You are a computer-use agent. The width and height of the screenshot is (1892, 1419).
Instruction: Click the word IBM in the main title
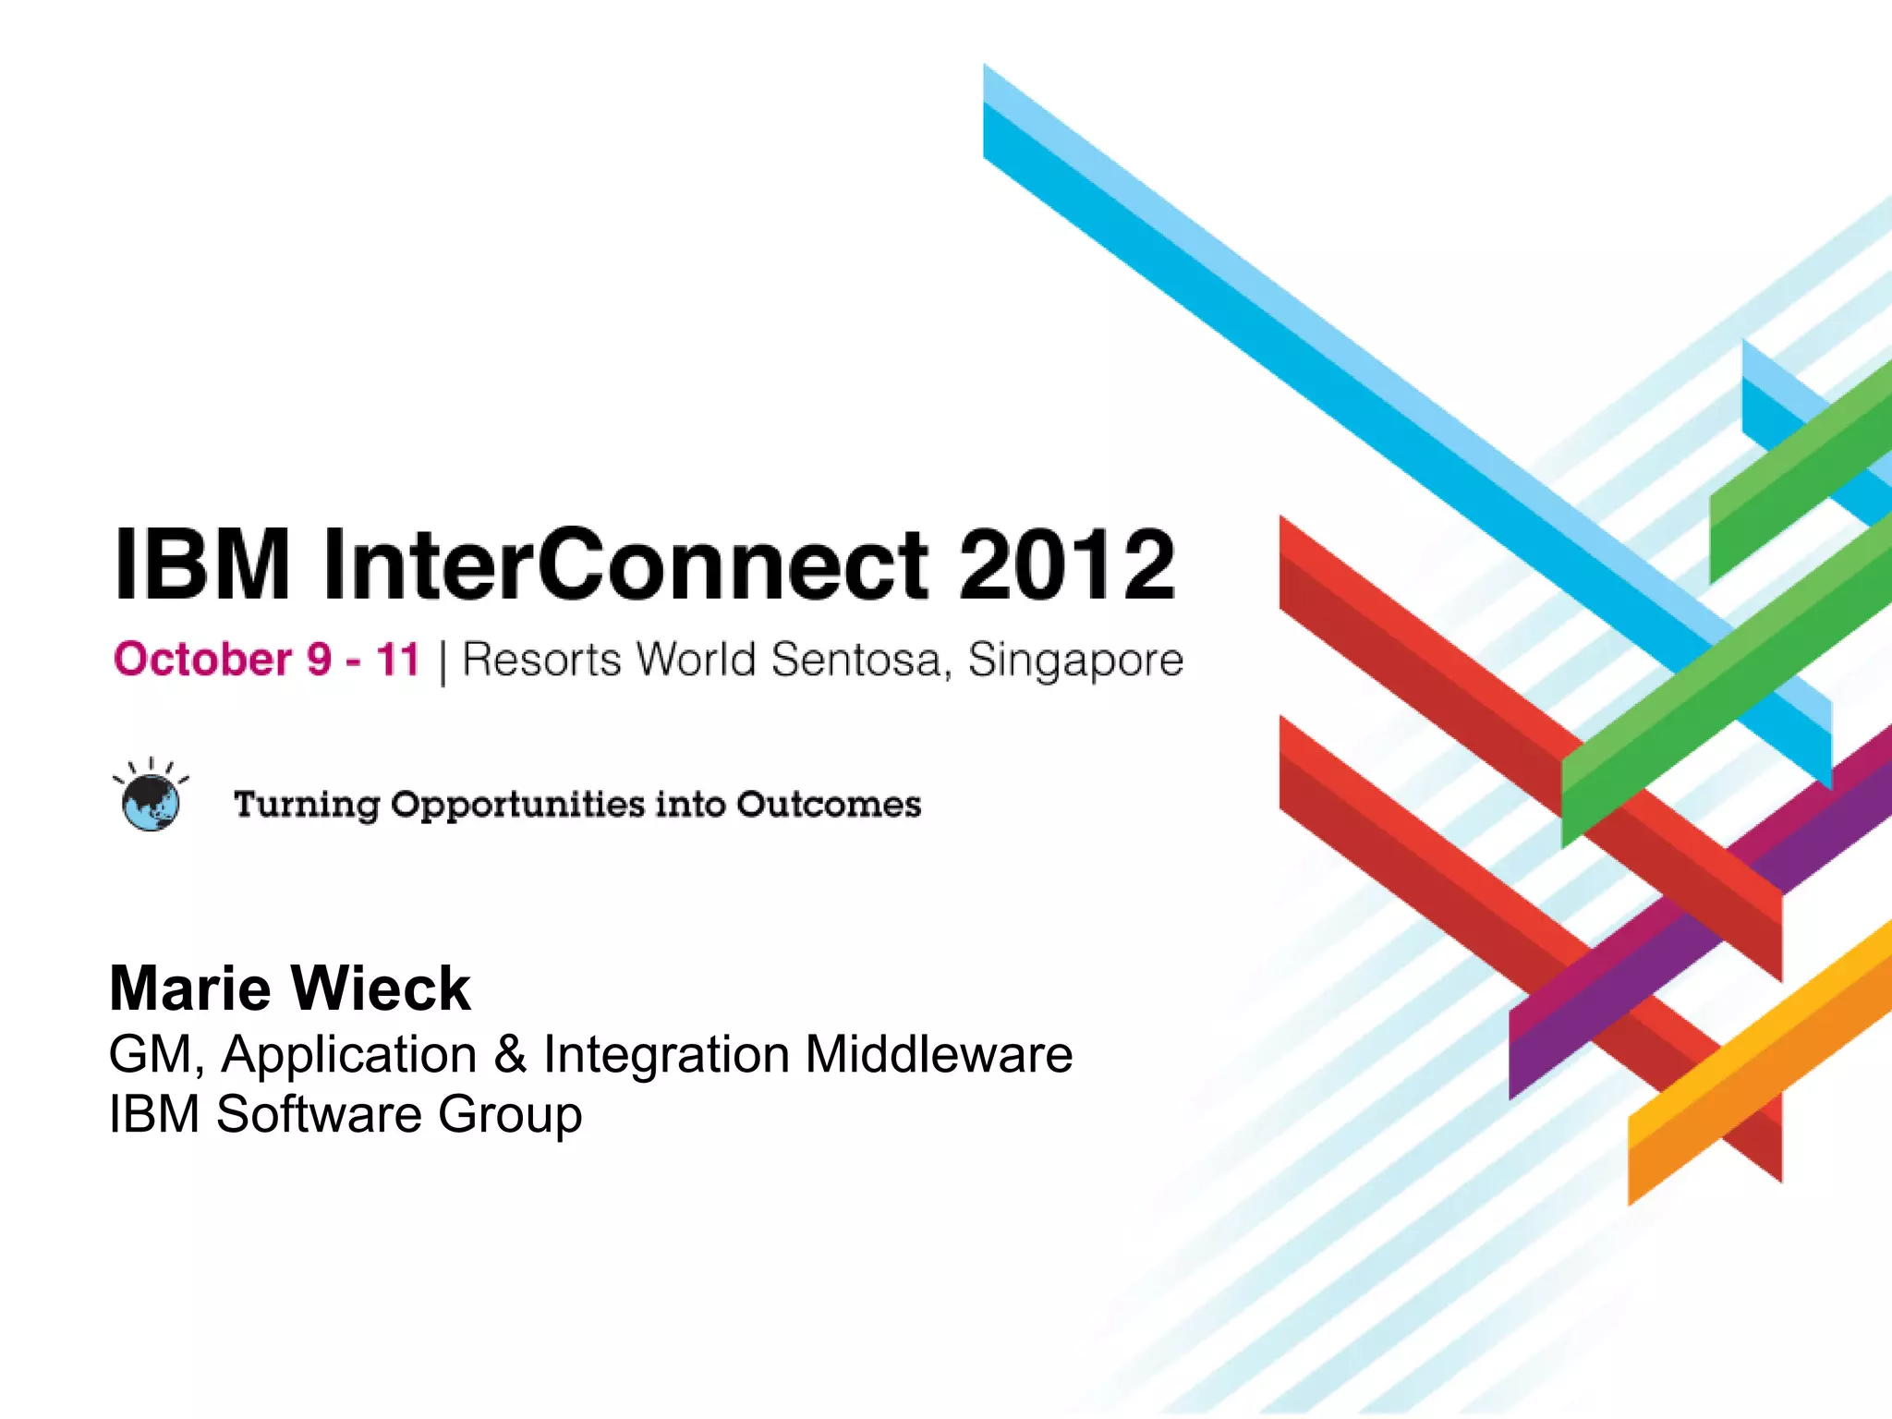tap(201, 564)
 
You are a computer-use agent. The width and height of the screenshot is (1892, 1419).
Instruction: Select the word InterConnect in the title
tap(625, 564)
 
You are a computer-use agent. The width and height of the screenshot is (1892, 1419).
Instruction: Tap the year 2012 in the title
tap(1066, 564)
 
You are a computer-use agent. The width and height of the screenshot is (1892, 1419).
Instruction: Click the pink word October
tap(203, 660)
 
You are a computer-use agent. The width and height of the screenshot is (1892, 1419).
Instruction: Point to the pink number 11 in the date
tap(398, 660)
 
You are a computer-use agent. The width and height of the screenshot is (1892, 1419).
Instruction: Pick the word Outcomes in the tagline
tap(829, 804)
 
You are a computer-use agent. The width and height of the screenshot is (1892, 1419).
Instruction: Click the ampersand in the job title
tap(510, 1054)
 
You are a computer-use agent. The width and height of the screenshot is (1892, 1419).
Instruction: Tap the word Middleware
tap(939, 1054)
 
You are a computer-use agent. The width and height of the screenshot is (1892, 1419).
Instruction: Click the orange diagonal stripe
tap(1755, 1062)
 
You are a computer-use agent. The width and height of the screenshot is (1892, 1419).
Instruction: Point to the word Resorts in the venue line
tap(541, 660)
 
